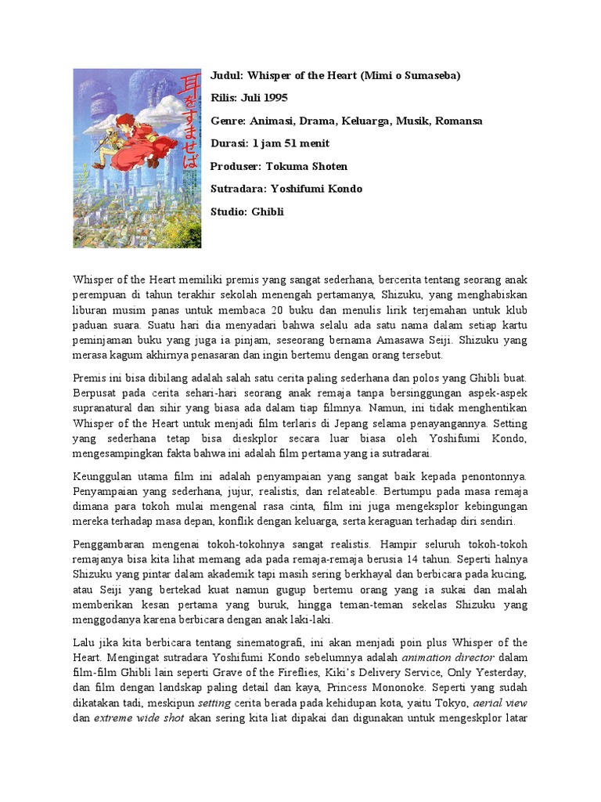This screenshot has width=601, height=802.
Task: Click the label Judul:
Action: point(228,75)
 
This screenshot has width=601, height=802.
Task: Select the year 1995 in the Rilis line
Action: point(275,98)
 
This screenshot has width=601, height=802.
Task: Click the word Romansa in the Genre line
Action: point(459,121)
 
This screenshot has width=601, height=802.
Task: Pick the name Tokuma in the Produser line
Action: point(286,166)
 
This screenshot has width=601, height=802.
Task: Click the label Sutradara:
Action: point(239,189)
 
